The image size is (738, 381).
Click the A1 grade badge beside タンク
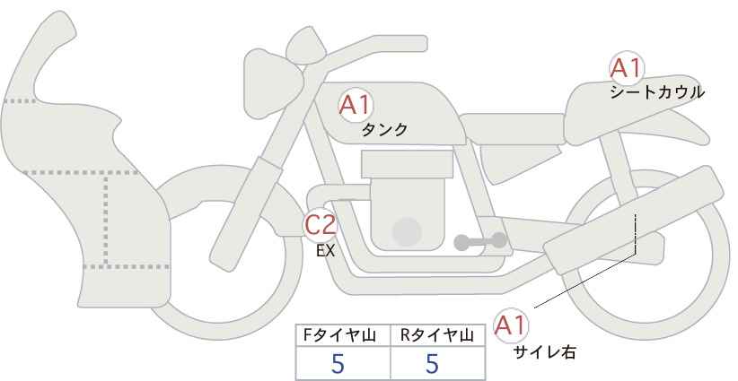pyautogui.click(x=355, y=105)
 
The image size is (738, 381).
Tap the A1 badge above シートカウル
pyautogui.click(x=626, y=67)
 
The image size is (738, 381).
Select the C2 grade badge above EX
pyautogui.click(x=321, y=224)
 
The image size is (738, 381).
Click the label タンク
pyautogui.click(x=384, y=130)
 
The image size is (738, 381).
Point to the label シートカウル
pyautogui.click(x=656, y=91)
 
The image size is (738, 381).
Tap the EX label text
pyautogui.click(x=325, y=251)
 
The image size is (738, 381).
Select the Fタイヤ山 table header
pyautogui.click(x=343, y=335)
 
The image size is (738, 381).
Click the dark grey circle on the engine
pyautogui.click(x=408, y=231)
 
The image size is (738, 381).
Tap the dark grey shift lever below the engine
pyautogui.click(x=479, y=240)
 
